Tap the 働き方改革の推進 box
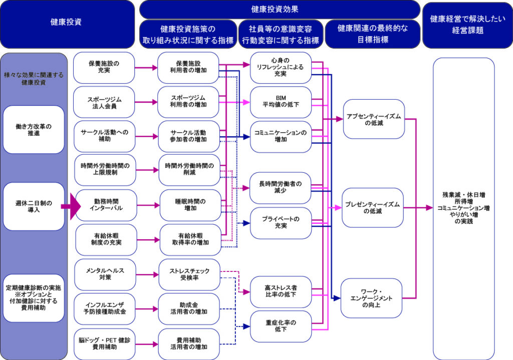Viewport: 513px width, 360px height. [34, 129]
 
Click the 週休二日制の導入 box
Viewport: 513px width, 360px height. [34, 206]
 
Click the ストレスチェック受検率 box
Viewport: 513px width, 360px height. [189, 274]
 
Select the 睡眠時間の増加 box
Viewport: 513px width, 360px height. [189, 205]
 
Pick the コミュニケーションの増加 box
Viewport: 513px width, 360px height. [281, 136]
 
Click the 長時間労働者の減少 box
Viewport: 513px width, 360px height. [281, 188]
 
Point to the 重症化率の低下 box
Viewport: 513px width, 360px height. [281, 326]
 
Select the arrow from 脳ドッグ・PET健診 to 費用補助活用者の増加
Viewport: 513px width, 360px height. [147, 344]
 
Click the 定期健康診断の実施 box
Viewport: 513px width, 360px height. [34, 297]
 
